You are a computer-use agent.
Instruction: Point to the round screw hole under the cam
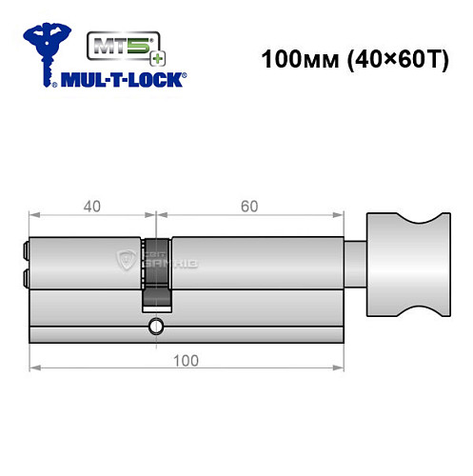click(x=155, y=327)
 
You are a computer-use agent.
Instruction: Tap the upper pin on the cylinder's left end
click(x=23, y=252)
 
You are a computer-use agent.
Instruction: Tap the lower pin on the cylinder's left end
click(x=23, y=278)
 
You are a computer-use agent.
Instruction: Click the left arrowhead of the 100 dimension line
click(x=33, y=367)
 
